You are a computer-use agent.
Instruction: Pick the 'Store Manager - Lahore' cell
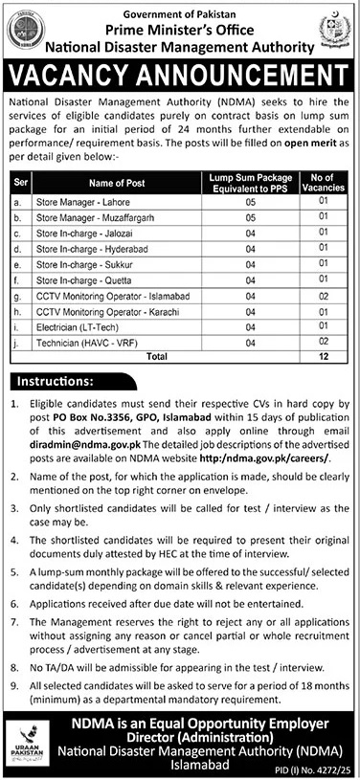(x=74, y=202)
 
